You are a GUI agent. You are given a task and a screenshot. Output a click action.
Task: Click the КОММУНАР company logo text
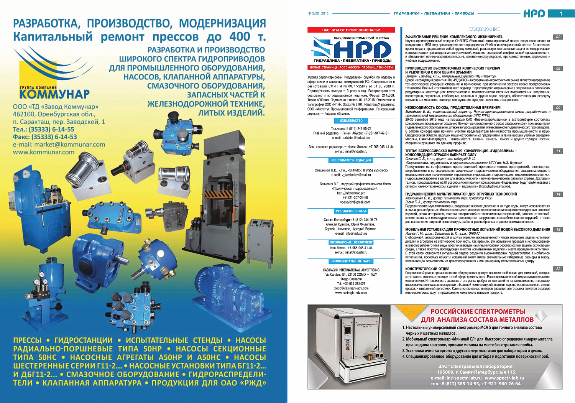[x=54, y=94]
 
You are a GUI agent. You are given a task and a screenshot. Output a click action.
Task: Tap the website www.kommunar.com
[x=44, y=152]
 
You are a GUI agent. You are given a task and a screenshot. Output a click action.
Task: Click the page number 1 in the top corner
[x=561, y=14]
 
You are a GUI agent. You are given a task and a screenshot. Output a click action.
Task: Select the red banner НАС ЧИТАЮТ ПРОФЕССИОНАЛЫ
[x=351, y=30]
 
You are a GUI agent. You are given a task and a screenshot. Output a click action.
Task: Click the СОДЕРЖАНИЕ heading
[x=484, y=29]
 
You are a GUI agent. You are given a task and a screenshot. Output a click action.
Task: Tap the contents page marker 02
[x=558, y=37]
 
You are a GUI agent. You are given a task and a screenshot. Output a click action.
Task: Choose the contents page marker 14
[x=558, y=194]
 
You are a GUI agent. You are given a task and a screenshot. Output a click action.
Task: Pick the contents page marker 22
[x=558, y=269]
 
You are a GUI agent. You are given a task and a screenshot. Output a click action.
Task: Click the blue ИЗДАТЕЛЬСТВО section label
[x=351, y=121]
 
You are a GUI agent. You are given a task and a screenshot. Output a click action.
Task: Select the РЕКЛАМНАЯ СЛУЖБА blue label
[x=351, y=211]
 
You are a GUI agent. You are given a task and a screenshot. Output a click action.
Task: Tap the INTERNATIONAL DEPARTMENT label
[x=351, y=242]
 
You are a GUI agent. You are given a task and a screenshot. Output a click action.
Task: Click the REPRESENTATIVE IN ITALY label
[x=351, y=262]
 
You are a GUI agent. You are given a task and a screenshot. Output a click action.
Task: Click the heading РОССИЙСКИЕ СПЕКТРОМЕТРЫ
[x=478, y=312]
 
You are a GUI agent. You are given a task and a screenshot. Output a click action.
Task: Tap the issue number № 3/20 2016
[x=318, y=13]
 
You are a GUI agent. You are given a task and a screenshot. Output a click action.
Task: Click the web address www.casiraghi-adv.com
[x=351, y=293]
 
